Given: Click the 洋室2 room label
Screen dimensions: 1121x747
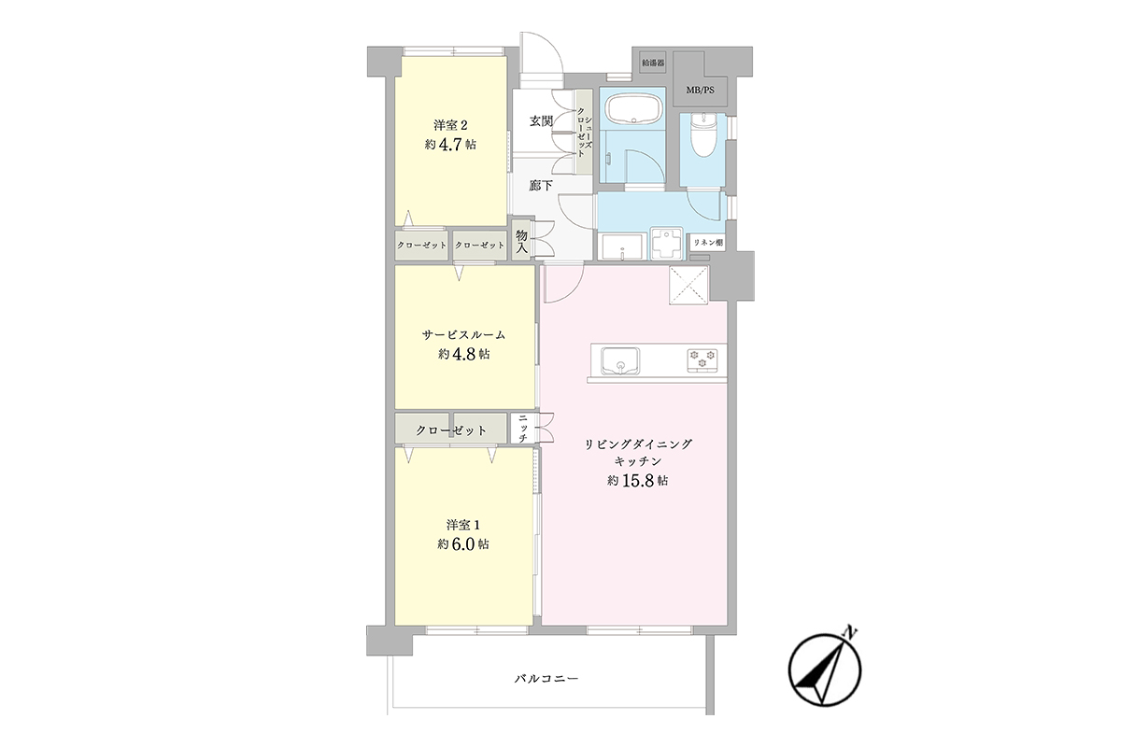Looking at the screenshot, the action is [x=450, y=124].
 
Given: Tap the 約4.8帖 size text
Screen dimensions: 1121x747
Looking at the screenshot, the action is [x=464, y=354].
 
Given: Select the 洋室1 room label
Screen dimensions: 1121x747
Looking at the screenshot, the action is [x=463, y=525].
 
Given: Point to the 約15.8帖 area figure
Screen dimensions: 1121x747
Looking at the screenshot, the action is [x=637, y=481].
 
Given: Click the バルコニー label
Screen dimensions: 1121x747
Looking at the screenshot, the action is [x=546, y=679].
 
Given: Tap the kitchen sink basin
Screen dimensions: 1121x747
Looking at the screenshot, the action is [x=620, y=360].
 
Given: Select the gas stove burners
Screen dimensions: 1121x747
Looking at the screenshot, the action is [x=702, y=359].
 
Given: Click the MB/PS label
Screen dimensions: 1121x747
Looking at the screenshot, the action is [x=700, y=91].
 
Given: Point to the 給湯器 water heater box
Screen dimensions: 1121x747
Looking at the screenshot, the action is [x=653, y=63].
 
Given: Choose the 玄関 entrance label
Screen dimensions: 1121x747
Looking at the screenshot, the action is [x=541, y=121].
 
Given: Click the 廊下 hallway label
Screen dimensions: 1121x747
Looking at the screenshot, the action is [x=541, y=186].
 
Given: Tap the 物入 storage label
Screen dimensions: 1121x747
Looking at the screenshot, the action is [x=521, y=240].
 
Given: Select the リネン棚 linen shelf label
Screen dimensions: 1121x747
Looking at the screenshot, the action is [x=708, y=243].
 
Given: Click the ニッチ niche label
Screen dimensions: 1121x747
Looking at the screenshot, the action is [x=523, y=428].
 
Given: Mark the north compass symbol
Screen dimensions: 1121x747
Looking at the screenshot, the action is [x=825, y=669].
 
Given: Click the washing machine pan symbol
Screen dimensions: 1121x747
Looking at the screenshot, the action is [x=666, y=244].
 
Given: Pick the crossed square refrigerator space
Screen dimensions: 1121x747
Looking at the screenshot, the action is [x=689, y=285].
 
